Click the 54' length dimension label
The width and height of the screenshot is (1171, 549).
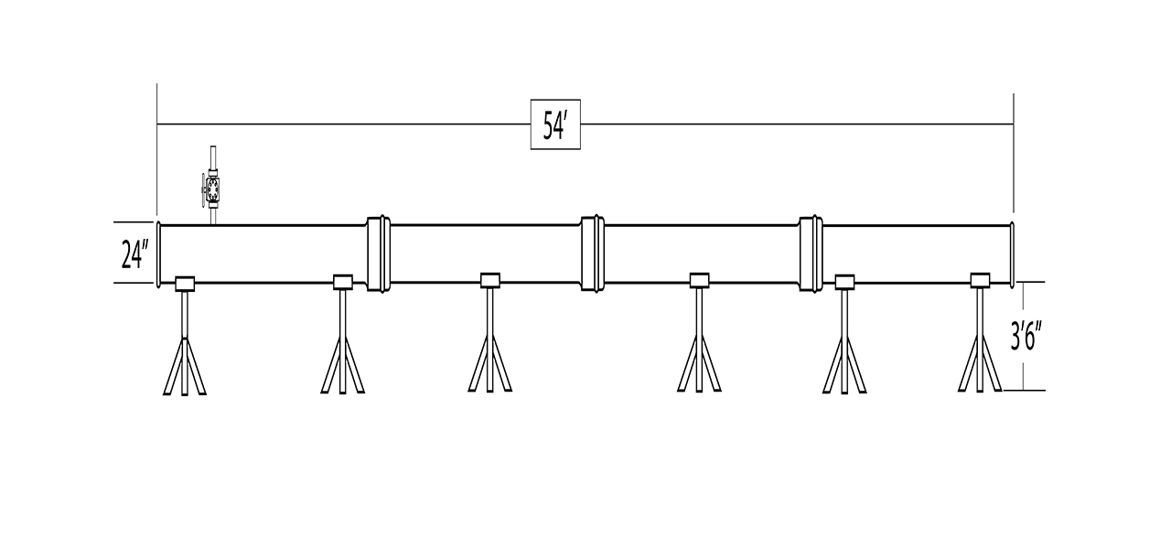tap(554, 125)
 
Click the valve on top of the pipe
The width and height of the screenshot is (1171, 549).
tap(212, 189)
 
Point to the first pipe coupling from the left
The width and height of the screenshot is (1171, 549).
tap(379, 253)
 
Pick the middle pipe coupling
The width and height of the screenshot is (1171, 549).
tap(593, 253)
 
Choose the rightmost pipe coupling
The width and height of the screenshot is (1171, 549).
tap(811, 253)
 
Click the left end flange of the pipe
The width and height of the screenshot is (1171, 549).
tap(158, 254)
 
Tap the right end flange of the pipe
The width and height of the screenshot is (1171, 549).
tap(1012, 254)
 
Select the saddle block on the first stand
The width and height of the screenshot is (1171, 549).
tap(185, 284)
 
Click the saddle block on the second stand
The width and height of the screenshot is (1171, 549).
tap(343, 282)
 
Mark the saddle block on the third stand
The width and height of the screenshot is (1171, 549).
tap(490, 280)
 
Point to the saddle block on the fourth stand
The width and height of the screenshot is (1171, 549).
tap(700, 280)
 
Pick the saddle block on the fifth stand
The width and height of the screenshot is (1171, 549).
tap(844, 282)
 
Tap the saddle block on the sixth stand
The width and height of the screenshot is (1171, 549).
tap(980, 280)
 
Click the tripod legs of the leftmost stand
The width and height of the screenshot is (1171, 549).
tap(185, 367)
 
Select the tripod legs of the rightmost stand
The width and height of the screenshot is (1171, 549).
tap(980, 363)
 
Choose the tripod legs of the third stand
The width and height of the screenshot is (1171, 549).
tap(490, 363)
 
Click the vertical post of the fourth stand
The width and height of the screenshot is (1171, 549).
tap(700, 339)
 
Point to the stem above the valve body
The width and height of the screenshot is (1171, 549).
tap(213, 157)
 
